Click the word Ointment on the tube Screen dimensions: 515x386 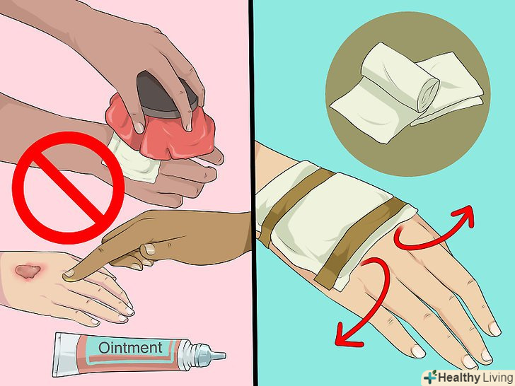(130, 348)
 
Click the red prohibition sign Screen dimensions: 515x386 (69, 188)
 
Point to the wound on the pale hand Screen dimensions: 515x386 (28, 271)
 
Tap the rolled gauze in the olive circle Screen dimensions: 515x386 (400, 78)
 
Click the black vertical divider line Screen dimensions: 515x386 (253, 193)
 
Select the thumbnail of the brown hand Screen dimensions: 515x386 (149, 249)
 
